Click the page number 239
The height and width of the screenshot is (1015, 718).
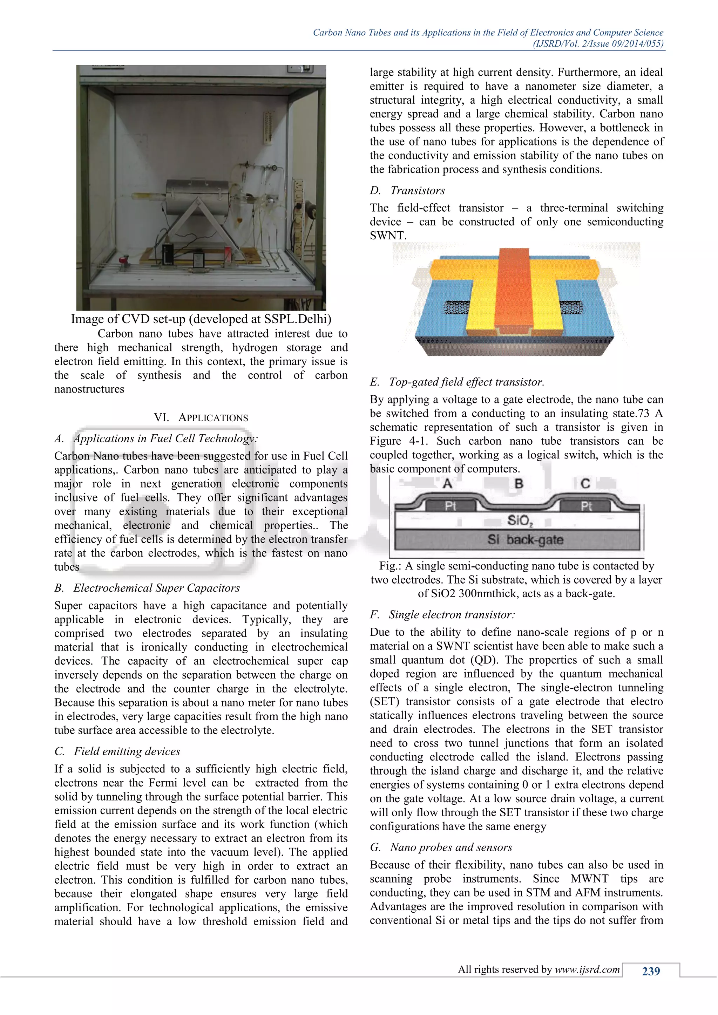click(650, 971)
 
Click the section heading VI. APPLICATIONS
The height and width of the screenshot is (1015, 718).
click(201, 417)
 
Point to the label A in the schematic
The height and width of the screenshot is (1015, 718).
click(447, 483)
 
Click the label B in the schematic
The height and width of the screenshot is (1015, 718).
click(519, 483)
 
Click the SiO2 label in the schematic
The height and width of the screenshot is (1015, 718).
click(520, 520)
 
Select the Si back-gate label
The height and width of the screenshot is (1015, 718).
click(525, 540)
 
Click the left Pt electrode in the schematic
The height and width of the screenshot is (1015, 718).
click(450, 506)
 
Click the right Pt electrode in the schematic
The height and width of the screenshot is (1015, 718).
click(586, 506)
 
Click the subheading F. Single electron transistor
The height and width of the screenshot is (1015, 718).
click(442, 614)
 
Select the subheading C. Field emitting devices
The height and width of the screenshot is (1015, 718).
click(117, 751)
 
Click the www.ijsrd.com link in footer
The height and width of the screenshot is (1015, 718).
click(587, 969)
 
